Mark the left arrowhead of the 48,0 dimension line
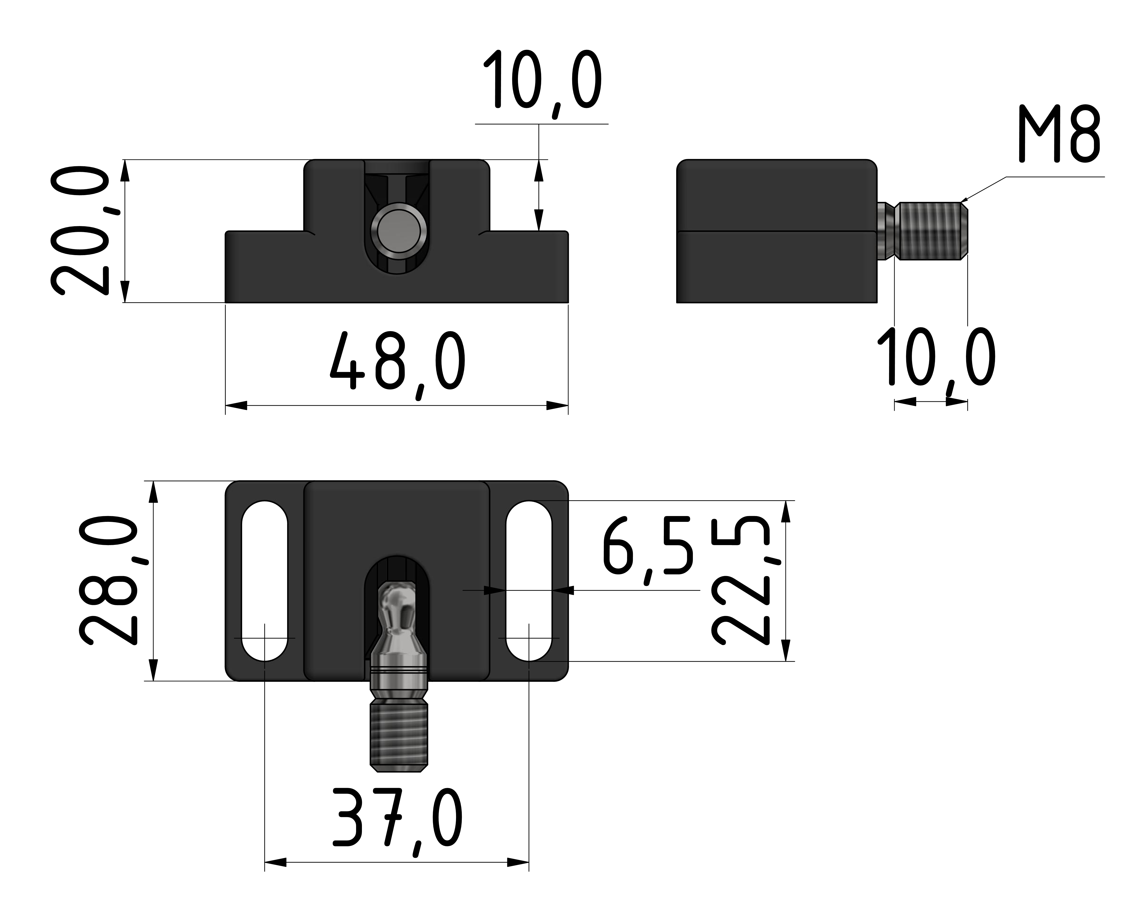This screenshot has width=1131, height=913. tap(236, 405)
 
